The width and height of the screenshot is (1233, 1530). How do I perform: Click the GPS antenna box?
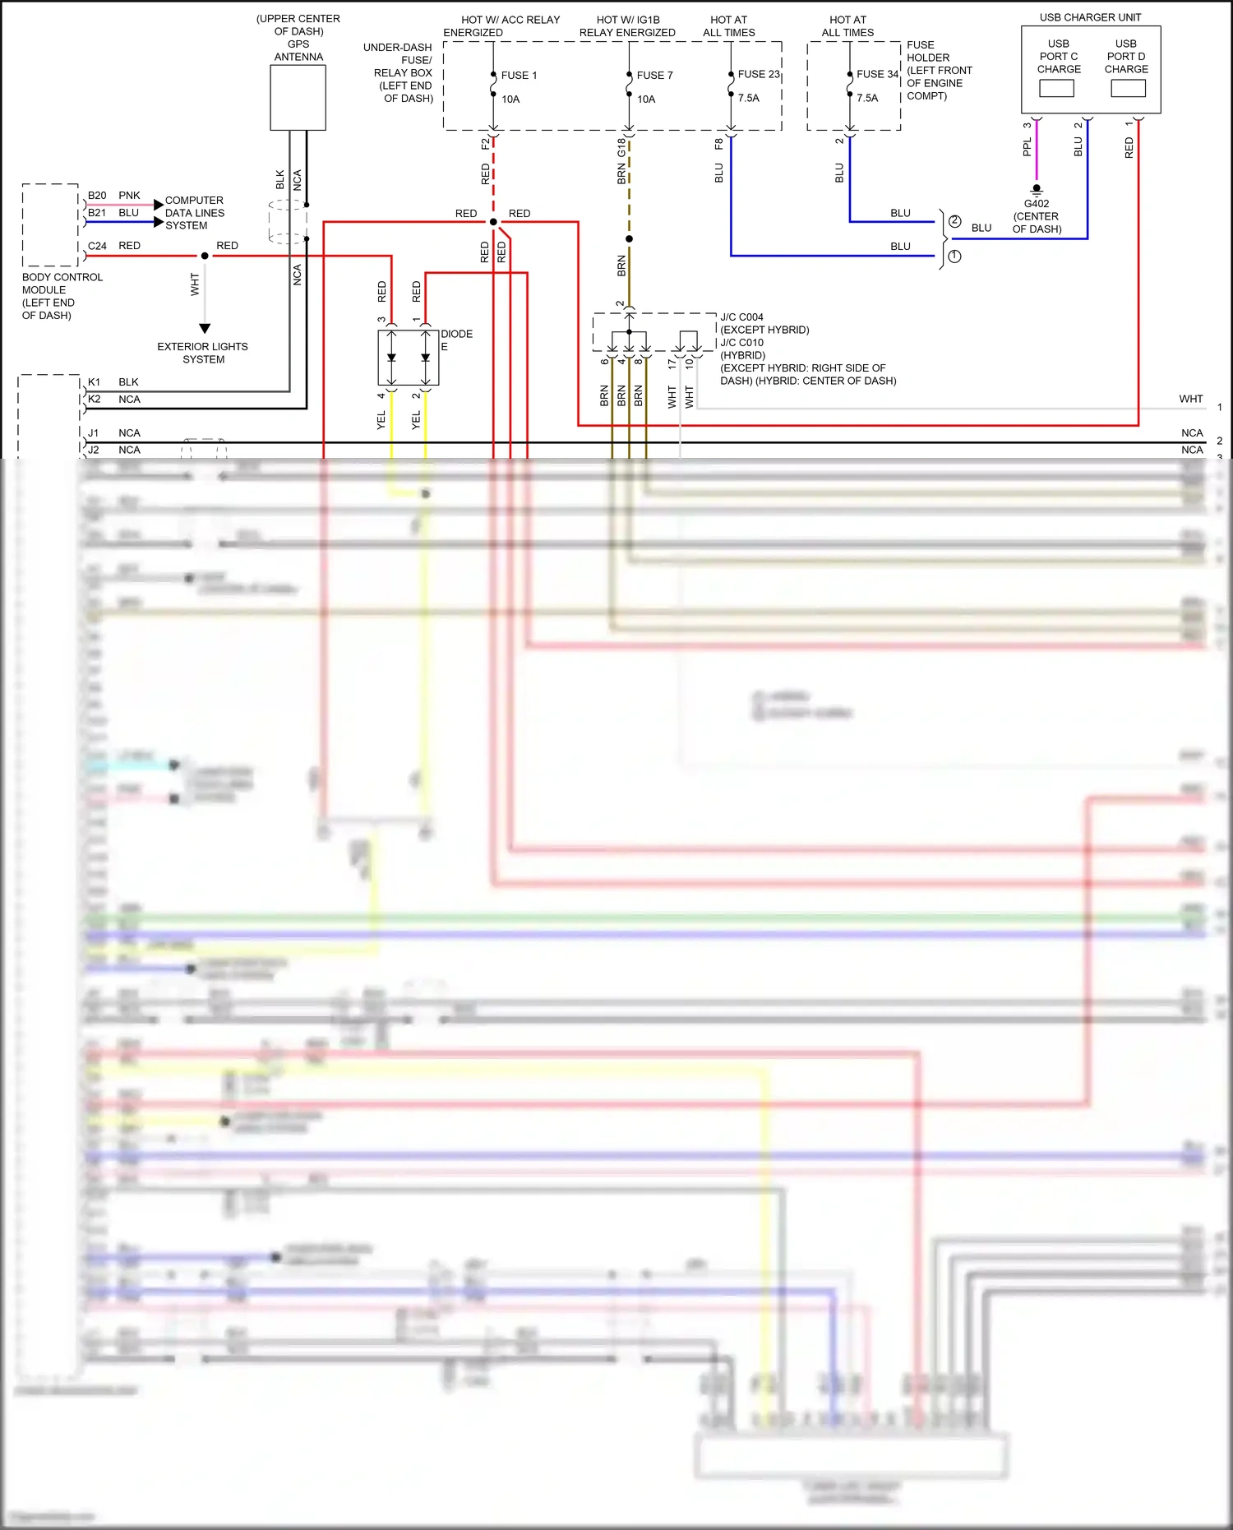(x=298, y=97)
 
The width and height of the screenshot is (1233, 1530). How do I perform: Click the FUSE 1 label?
(x=519, y=76)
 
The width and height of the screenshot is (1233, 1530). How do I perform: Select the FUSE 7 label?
(x=654, y=76)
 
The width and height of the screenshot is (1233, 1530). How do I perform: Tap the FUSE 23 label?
(x=758, y=74)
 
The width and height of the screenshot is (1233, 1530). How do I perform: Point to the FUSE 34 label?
(x=877, y=74)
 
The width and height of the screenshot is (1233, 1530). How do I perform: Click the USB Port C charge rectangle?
(x=1056, y=89)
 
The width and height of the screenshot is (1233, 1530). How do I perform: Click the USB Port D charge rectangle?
(x=1128, y=89)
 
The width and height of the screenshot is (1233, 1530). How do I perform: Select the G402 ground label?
(x=1036, y=204)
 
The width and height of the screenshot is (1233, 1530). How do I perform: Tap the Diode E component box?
(x=408, y=358)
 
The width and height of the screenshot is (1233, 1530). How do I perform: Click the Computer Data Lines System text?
(x=194, y=213)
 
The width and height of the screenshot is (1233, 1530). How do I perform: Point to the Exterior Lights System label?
(x=202, y=353)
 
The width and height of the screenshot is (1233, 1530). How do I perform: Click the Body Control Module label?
(x=62, y=296)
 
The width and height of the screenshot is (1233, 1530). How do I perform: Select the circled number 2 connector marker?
(x=954, y=221)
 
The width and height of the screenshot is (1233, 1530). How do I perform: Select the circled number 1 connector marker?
(x=954, y=257)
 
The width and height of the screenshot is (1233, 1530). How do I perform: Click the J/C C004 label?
(x=741, y=317)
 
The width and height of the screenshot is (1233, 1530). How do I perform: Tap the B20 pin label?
(x=97, y=196)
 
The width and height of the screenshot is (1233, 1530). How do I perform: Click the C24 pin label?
(x=97, y=246)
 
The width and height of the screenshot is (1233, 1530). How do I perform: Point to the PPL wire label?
(x=1027, y=147)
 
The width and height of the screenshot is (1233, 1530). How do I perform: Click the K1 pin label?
(x=94, y=382)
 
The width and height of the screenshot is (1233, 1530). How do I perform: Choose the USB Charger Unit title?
(x=1090, y=17)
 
